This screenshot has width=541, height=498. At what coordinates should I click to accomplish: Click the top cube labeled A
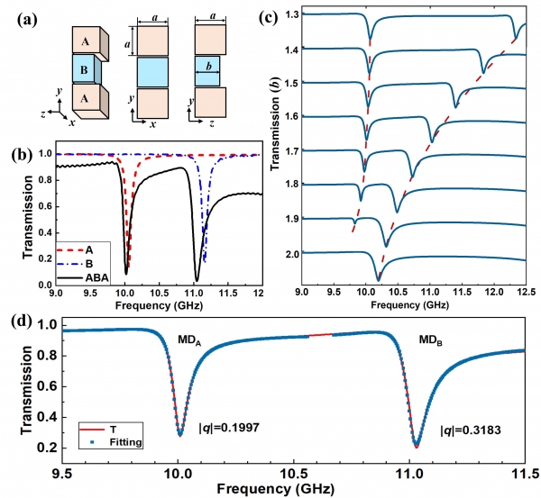[x=83, y=40]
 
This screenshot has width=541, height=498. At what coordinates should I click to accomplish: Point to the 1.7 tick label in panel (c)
[x=291, y=150]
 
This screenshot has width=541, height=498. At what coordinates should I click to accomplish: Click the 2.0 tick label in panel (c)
[x=291, y=253]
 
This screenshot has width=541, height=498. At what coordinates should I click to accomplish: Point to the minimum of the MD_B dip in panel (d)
[x=417, y=446]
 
